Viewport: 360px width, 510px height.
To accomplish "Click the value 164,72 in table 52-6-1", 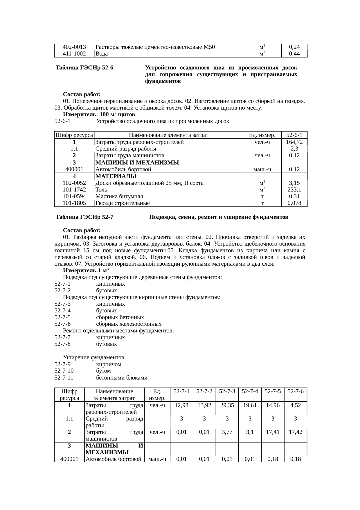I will (x=294, y=142).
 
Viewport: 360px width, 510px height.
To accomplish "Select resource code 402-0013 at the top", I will (x=74, y=47).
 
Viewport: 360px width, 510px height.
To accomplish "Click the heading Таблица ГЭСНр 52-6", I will (x=84, y=68).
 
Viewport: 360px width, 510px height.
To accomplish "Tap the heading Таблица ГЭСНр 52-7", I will (x=84, y=217).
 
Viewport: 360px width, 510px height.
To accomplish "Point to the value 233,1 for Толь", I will (x=294, y=190).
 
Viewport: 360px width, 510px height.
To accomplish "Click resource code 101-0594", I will (x=74, y=196).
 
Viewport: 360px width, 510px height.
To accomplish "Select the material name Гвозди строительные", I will (x=123, y=203).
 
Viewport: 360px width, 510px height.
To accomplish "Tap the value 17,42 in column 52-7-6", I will (x=296, y=432).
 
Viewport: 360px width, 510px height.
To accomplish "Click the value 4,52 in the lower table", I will (x=296, y=405).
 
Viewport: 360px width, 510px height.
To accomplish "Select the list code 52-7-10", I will (x=64, y=371).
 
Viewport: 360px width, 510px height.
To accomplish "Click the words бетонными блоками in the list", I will (x=122, y=378).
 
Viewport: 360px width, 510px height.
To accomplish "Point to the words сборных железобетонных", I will (x=129, y=324).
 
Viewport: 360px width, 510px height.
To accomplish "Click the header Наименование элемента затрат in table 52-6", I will (x=168, y=135).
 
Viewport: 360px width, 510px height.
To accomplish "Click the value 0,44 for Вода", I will (x=294, y=53).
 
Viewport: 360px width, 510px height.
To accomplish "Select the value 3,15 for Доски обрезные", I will (x=294, y=183).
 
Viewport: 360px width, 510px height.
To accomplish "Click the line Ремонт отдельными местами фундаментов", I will (x=118, y=331).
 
